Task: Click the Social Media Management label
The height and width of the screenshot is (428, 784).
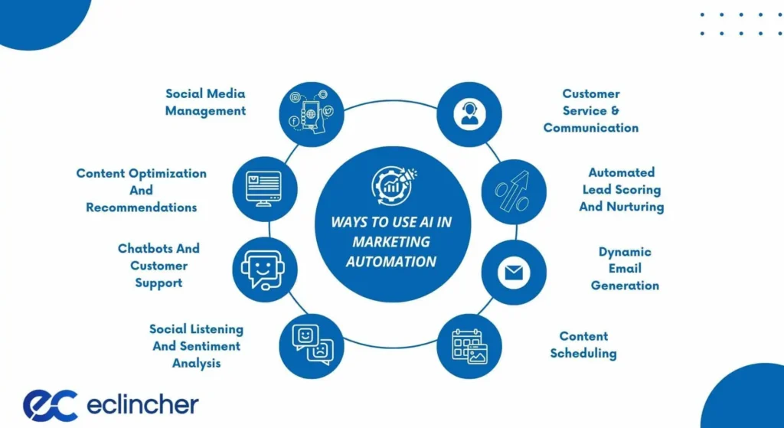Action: pyautogui.click(x=205, y=102)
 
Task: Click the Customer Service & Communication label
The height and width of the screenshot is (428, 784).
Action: pyautogui.click(x=591, y=111)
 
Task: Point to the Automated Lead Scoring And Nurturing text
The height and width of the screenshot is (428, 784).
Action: pyautogui.click(x=621, y=190)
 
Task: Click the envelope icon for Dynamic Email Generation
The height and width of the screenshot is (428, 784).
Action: pyautogui.click(x=513, y=273)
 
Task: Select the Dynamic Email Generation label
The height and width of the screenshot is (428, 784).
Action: pyautogui.click(x=625, y=269)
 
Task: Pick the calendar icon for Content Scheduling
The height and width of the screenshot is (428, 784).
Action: pyautogui.click(x=469, y=346)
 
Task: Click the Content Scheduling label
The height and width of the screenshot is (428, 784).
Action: pyautogui.click(x=583, y=345)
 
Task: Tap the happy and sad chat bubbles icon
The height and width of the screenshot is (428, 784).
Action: pyautogui.click(x=312, y=345)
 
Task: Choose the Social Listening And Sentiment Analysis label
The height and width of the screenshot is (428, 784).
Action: pyautogui.click(x=196, y=346)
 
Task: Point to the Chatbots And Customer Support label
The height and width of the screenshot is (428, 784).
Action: pyautogui.click(x=158, y=266)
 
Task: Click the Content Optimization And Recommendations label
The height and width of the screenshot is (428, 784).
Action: pyautogui.click(x=141, y=191)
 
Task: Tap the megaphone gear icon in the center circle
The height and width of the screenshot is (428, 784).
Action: pyautogui.click(x=392, y=182)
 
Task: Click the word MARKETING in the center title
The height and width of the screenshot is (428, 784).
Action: pyautogui.click(x=392, y=242)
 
